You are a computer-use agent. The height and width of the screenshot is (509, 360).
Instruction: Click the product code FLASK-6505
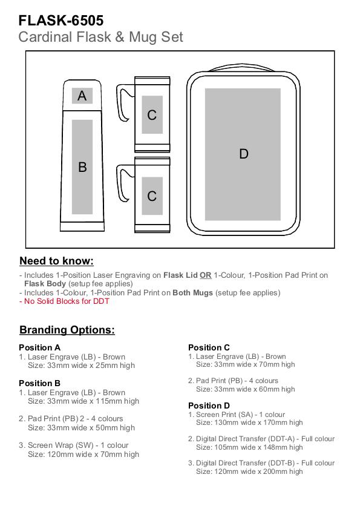point(61,21)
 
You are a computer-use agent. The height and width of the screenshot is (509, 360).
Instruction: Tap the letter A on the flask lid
point(82,96)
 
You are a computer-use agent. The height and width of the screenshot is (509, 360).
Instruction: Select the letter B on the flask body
point(82,167)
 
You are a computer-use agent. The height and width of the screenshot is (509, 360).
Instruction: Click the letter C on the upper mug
point(152,115)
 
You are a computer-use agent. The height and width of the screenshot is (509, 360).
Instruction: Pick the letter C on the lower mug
point(152,196)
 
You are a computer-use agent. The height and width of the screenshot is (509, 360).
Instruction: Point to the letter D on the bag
point(244,154)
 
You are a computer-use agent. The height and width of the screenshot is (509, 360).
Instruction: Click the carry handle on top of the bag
point(243,67)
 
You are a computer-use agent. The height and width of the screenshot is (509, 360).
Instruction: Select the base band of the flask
point(82,226)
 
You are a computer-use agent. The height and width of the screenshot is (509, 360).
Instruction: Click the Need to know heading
point(56,261)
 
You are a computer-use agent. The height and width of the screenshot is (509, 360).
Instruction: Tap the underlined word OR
point(206,275)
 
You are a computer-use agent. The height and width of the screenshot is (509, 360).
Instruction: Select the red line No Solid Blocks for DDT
point(64,301)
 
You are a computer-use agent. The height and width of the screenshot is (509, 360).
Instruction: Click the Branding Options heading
point(67,330)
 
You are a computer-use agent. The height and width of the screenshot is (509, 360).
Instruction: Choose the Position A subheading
point(39,347)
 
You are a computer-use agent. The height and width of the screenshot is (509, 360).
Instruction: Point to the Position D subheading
point(209,406)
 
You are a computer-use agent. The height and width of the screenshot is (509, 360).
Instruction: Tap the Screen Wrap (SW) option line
point(74,445)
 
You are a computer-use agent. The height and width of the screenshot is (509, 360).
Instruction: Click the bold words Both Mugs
point(193,293)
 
